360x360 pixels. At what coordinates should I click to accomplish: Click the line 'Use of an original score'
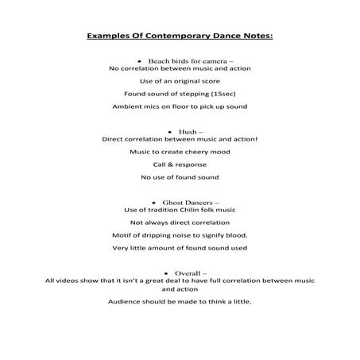point(180,81)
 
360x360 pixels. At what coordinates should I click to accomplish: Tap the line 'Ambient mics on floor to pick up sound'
point(180,105)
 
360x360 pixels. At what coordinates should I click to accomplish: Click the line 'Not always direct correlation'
point(180,223)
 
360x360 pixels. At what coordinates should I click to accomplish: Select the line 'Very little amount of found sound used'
point(180,248)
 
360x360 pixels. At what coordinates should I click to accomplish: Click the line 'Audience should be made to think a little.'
point(180,303)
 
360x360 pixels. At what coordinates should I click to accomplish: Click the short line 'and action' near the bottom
point(180,290)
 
